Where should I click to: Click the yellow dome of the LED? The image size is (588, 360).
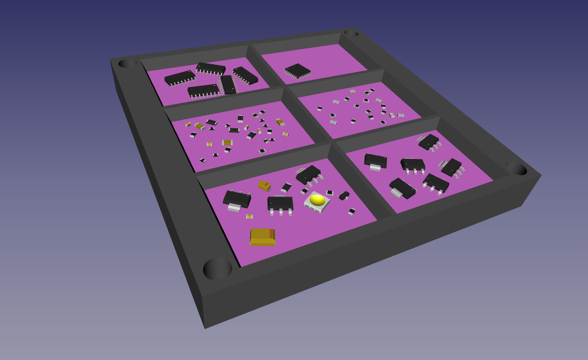point(317,200)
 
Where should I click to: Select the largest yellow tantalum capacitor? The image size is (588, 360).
point(262,237)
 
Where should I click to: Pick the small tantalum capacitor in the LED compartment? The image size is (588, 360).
point(264,185)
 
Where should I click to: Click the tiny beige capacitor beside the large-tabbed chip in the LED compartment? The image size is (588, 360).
point(249,216)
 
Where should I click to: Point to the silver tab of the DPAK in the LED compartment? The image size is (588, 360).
point(234,208)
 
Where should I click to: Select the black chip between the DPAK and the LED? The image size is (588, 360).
point(280,203)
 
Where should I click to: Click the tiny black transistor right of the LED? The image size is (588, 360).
point(344,195)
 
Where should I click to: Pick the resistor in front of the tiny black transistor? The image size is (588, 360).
point(352,212)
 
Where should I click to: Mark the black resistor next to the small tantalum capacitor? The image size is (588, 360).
point(286,187)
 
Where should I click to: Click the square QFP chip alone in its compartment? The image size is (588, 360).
point(298,71)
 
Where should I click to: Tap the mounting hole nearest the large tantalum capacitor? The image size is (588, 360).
point(218,268)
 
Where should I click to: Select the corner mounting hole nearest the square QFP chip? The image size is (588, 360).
point(351,33)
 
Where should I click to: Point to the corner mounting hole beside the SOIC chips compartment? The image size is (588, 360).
point(128,63)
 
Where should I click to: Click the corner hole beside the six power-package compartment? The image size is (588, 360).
point(516,168)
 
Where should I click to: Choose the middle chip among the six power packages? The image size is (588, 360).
point(413,164)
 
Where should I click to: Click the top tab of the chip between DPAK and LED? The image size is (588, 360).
point(279,196)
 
